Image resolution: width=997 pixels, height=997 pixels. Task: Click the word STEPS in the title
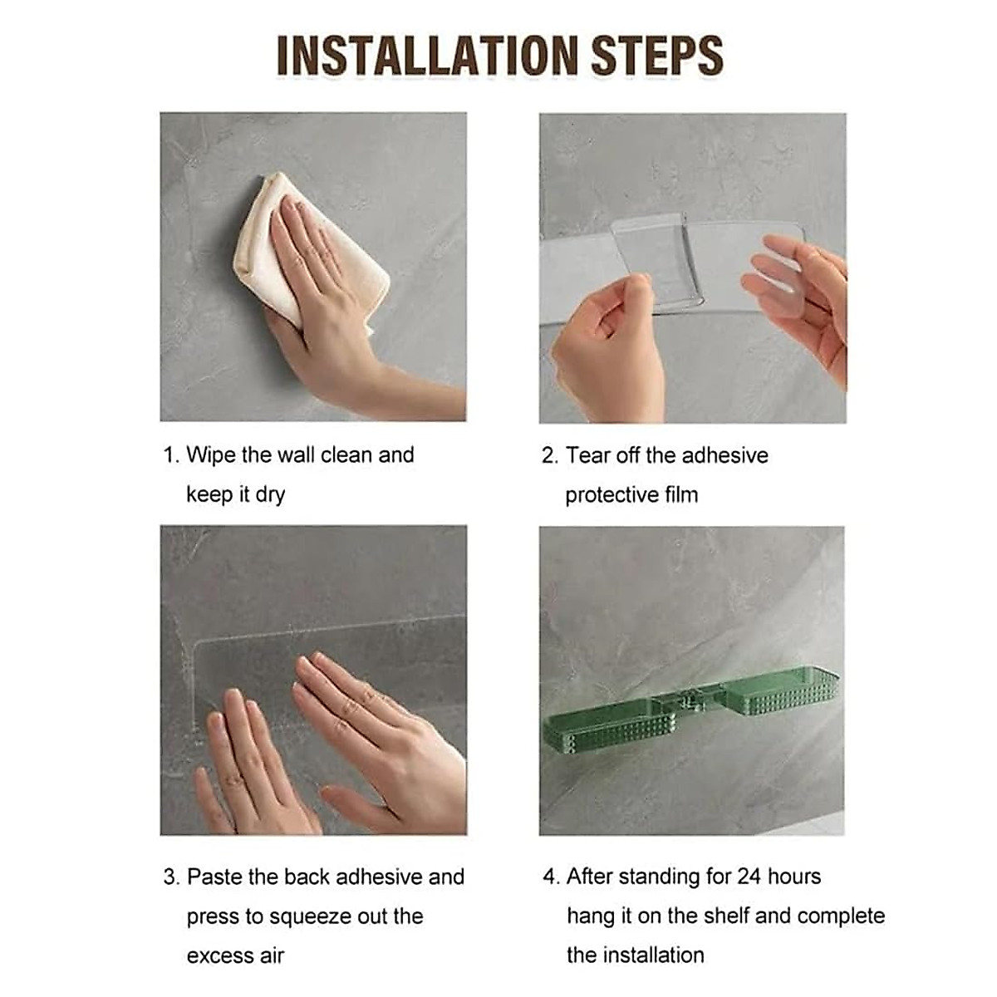tap(657, 56)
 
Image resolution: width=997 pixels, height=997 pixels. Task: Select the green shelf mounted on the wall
tap(691, 712)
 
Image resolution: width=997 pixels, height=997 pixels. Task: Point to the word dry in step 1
tap(269, 494)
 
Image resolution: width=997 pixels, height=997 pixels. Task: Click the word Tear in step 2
tap(587, 455)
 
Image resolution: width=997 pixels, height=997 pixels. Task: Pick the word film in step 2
tap(681, 494)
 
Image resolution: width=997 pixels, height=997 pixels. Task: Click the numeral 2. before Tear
tap(550, 455)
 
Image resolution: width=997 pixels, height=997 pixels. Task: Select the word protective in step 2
tap(611, 495)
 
